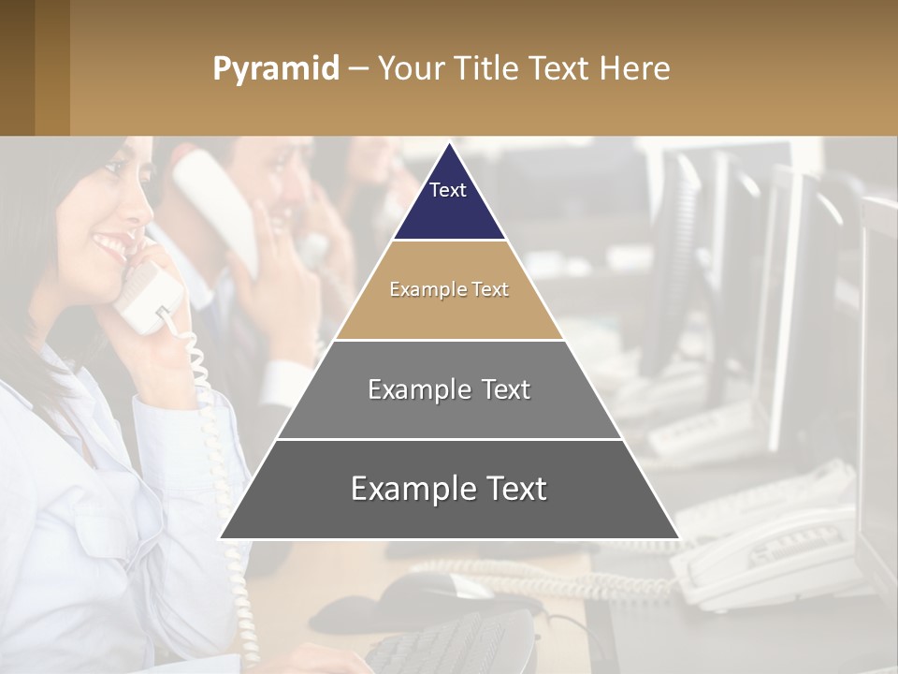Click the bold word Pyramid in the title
pos(275,69)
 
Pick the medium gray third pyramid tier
pos(449,412)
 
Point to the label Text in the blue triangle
pos(448,190)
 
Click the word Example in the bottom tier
pos(410,489)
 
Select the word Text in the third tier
pos(505,389)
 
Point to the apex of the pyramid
pos(449,146)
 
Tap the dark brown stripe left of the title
pos(17,67)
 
